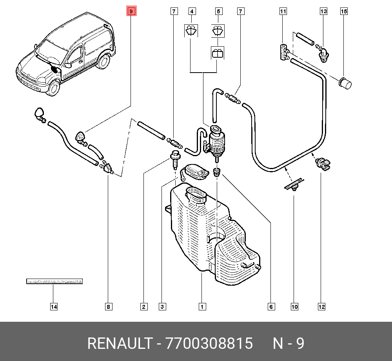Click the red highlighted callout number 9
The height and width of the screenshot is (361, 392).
(131, 11)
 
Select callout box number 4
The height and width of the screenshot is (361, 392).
(192, 11)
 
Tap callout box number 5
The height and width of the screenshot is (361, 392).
(219, 11)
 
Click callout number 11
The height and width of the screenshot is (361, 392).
(283, 11)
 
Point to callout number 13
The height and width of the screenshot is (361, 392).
(323, 11)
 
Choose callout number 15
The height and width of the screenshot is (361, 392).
(344, 11)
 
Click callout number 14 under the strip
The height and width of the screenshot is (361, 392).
(54, 306)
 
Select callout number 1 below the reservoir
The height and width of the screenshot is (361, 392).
(202, 306)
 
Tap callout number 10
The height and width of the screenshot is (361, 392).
(294, 306)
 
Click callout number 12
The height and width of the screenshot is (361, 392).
(321, 306)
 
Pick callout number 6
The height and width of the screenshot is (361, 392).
(271, 306)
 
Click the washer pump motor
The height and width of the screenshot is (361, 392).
(216, 141)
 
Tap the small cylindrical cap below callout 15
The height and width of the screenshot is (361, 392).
(345, 83)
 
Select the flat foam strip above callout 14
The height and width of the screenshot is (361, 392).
(54, 281)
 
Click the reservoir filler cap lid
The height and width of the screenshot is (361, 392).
(196, 171)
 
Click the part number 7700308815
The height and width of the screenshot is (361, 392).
(209, 344)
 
